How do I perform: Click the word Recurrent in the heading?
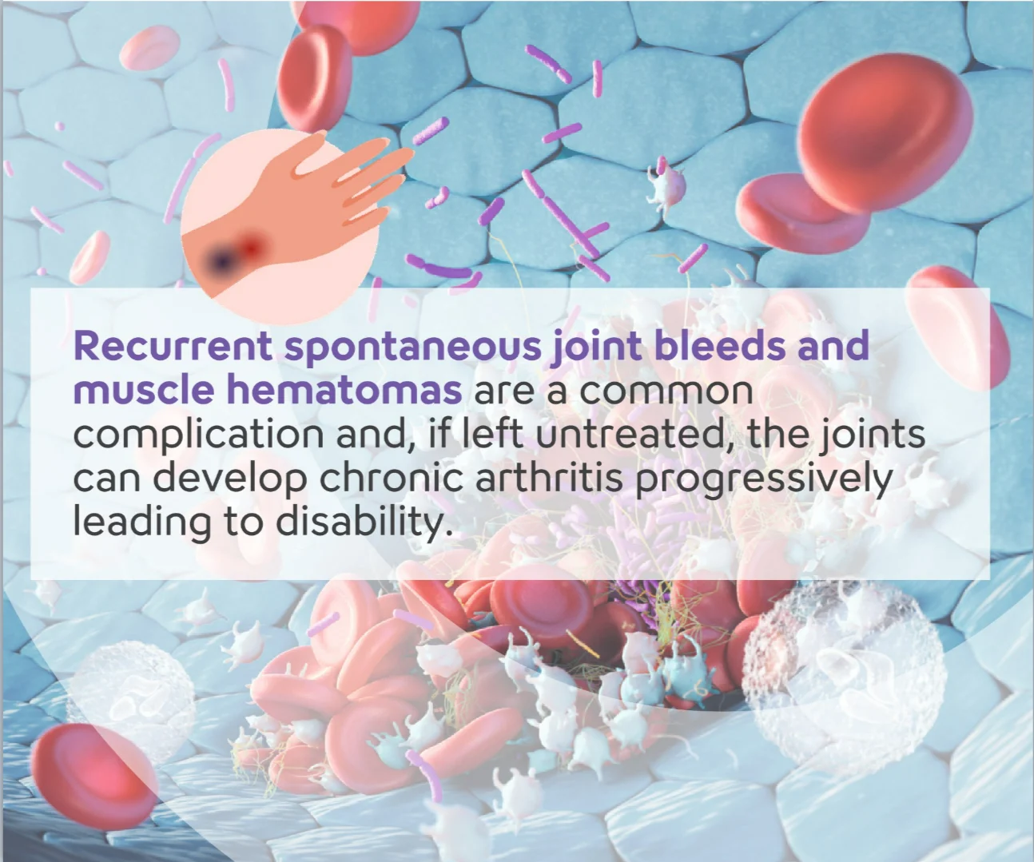(173, 345)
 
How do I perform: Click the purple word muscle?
(144, 389)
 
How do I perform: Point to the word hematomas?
(344, 389)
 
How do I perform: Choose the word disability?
(364, 522)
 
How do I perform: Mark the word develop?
(229, 480)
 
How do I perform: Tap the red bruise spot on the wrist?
(252, 246)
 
